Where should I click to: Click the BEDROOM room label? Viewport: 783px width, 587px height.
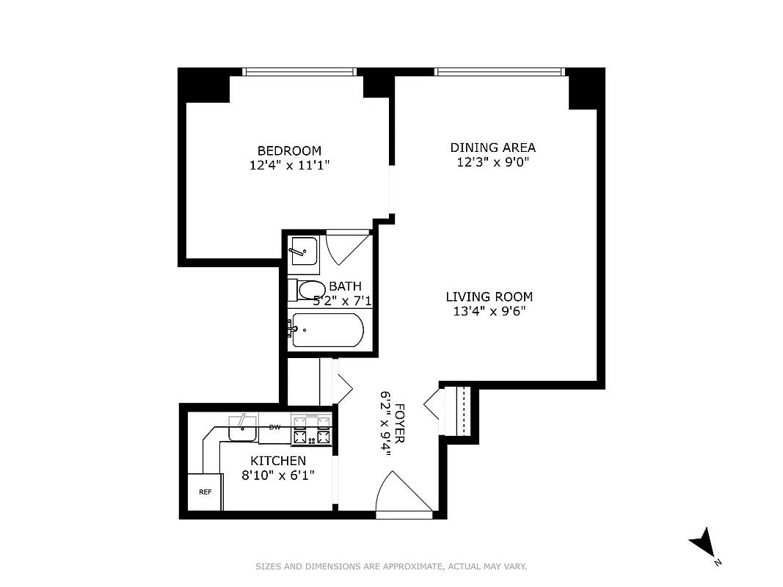coord(289,151)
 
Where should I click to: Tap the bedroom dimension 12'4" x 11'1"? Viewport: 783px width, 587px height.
coord(289,166)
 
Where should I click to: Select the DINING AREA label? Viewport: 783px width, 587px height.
coord(492,147)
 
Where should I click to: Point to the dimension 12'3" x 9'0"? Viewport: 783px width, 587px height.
coord(492,162)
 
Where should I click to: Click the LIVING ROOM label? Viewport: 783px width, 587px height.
coord(489,297)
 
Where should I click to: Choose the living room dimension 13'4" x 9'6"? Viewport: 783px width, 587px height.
coord(489,311)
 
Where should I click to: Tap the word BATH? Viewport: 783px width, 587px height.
coord(345,286)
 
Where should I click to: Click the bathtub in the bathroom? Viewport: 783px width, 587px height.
coord(327,330)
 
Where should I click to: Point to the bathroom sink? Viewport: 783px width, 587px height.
coord(302,252)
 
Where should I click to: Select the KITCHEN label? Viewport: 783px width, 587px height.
coord(278,461)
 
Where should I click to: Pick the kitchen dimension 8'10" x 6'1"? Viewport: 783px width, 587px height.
coord(278,475)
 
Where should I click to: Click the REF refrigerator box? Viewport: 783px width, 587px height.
coord(205,492)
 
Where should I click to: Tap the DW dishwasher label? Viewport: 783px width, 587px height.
coord(274,427)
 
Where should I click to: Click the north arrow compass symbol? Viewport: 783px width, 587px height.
coord(703,544)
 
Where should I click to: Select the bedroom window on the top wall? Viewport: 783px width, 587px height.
coord(299,71)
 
